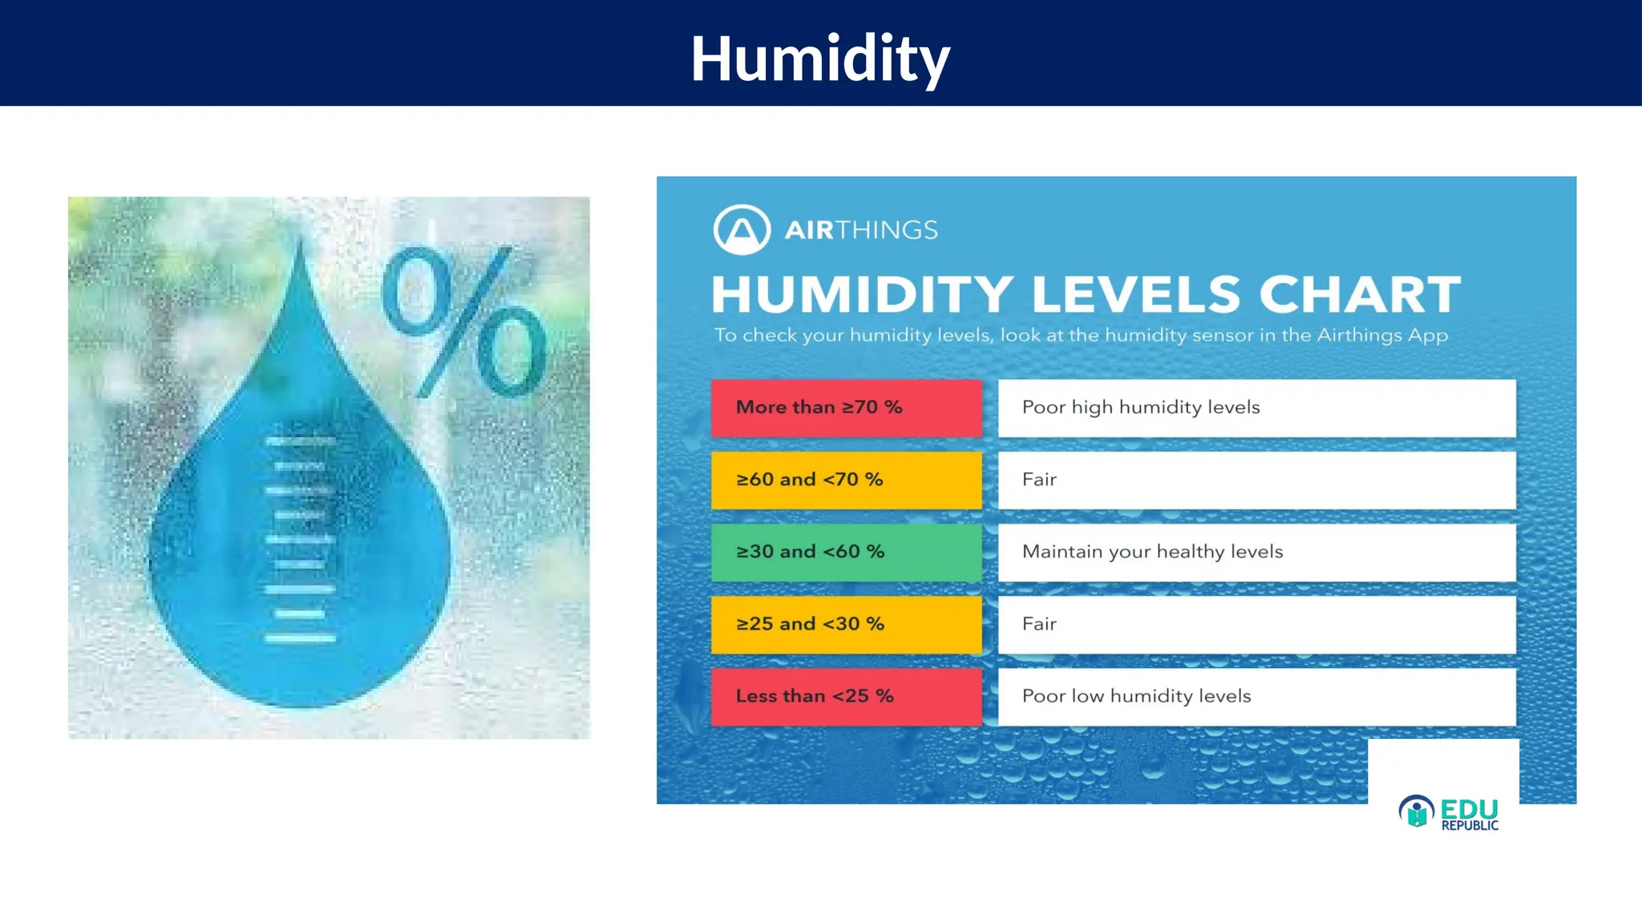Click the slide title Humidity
click(819, 58)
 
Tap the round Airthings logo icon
click(742, 230)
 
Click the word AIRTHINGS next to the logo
click(860, 230)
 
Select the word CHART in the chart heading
click(1360, 294)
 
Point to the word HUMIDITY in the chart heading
click(862, 294)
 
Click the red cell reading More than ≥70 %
click(846, 408)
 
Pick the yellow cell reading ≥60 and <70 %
click(846, 480)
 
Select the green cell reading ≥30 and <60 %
click(846, 553)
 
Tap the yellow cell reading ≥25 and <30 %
click(846, 625)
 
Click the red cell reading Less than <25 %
click(846, 697)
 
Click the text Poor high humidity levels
click(1140, 408)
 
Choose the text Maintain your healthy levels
click(1152, 553)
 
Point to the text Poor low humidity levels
click(1136, 697)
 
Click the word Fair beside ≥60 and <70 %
click(1039, 480)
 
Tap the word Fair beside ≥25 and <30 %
click(1039, 625)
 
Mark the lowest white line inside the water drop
click(300, 639)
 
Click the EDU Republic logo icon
click(1416, 812)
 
